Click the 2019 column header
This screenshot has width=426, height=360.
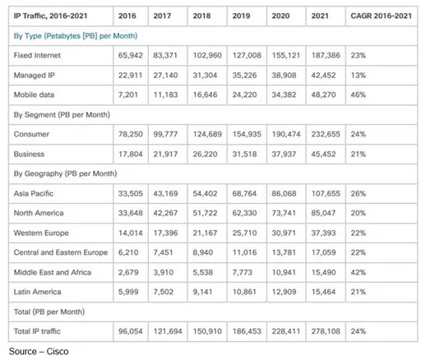(x=241, y=16)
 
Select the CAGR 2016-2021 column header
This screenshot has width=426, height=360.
(x=381, y=16)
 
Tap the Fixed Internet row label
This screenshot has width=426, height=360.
(x=37, y=55)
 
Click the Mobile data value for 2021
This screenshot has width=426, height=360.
(x=323, y=95)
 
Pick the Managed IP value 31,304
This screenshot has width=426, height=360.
(x=205, y=75)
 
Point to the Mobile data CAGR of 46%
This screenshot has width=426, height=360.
(x=359, y=95)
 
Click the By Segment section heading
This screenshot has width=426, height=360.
(x=62, y=114)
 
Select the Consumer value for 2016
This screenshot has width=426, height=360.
(x=131, y=134)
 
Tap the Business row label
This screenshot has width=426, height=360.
(x=29, y=154)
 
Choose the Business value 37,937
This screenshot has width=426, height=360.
(x=284, y=154)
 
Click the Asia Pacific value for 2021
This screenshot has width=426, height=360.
(x=326, y=193)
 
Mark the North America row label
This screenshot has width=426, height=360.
(x=39, y=213)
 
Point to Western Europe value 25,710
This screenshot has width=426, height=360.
(x=244, y=233)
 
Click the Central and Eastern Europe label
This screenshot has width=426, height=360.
(x=61, y=252)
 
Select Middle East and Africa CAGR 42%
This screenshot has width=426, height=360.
(x=359, y=272)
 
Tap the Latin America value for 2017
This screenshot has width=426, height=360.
(x=164, y=292)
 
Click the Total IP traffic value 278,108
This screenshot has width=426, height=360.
(x=326, y=331)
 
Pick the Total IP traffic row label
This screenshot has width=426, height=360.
(x=37, y=331)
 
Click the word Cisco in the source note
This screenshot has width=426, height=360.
(x=58, y=351)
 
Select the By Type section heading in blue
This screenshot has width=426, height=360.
(x=76, y=36)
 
